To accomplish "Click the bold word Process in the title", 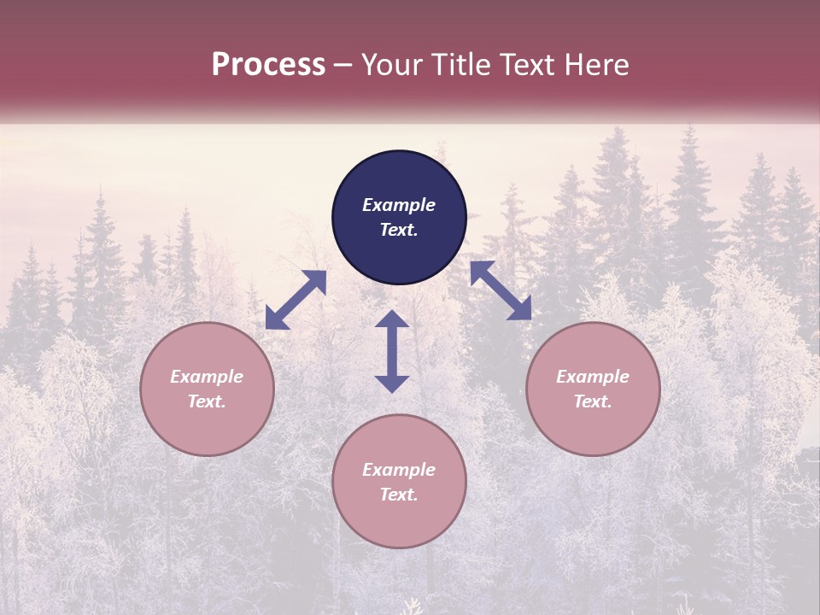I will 268,65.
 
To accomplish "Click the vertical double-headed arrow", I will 392,351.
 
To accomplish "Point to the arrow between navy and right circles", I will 501,290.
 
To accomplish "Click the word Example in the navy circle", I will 399,205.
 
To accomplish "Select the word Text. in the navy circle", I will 399,230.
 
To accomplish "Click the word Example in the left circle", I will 207,377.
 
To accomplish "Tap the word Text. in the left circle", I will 207,401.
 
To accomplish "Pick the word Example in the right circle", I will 593,377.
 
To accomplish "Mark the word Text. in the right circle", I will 593,401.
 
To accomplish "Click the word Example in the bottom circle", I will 399,470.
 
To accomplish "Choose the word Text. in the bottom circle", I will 399,495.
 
